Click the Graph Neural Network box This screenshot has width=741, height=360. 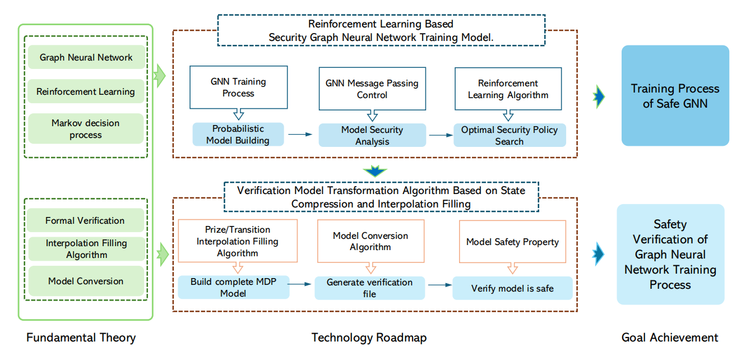point(86,57)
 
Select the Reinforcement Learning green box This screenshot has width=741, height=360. point(86,91)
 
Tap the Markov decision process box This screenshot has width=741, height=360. point(86,129)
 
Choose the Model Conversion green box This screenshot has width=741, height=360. point(86,281)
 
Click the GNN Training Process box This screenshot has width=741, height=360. point(238,87)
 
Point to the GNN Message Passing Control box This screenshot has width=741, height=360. point(372,89)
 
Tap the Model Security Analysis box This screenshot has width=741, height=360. point(372,135)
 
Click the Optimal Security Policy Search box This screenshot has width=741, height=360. point(509,135)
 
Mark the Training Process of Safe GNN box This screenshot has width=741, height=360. point(674,96)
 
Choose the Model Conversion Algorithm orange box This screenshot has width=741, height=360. point(370,241)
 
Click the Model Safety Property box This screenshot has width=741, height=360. point(512,242)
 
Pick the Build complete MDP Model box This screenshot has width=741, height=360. point(233,287)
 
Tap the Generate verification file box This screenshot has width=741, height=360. point(369,288)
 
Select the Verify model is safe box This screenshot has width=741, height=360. point(512,288)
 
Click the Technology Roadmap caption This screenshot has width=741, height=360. point(369,338)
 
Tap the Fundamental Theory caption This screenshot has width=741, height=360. point(81,338)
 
